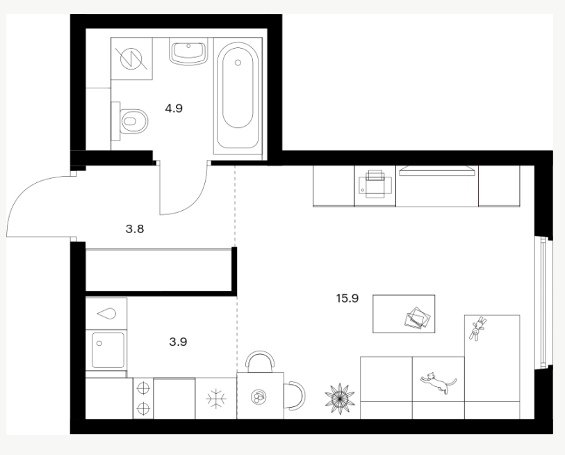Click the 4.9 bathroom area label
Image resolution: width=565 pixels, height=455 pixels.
click(x=174, y=109)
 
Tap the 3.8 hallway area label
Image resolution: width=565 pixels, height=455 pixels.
click(x=135, y=229)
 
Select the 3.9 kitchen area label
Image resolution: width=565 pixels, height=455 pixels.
click(x=178, y=342)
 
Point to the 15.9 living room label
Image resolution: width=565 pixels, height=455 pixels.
click(x=347, y=298)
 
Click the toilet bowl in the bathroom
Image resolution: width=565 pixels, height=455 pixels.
click(x=133, y=121)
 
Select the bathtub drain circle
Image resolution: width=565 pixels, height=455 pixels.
click(x=238, y=63)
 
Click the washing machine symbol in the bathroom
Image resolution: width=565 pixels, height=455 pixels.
click(x=131, y=58)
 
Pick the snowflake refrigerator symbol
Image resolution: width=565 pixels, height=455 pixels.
click(x=216, y=399)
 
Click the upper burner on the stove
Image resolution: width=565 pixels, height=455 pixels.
click(x=143, y=388)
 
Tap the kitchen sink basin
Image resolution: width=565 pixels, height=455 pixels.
click(x=108, y=350)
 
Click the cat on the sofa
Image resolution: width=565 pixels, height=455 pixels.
click(x=438, y=383)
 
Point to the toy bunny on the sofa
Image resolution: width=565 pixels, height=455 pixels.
click(x=477, y=328)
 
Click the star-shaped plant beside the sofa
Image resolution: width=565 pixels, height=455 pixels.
click(x=340, y=399)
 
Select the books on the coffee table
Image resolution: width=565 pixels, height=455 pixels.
click(x=417, y=317)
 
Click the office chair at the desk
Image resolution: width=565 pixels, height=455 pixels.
click(x=375, y=184)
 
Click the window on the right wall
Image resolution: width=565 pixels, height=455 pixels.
click(x=546, y=303)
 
